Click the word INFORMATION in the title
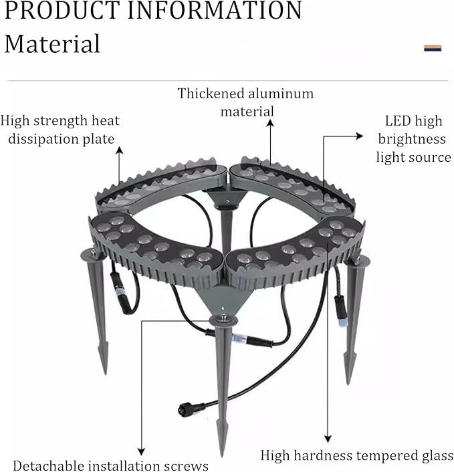click(215, 10)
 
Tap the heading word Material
click(52, 44)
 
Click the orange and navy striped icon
click(433, 48)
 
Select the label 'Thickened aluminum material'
click(245, 102)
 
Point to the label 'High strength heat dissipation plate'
click(60, 130)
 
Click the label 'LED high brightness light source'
click(413, 139)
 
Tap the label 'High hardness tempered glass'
click(357, 455)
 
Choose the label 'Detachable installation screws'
click(111, 465)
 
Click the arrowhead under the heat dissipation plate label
click(120, 150)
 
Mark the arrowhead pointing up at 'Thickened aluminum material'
click(270, 123)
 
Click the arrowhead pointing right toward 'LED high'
click(360, 136)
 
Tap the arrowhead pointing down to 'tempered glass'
click(328, 439)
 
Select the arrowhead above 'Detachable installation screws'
click(141, 451)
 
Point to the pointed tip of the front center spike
click(222, 456)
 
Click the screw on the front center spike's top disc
click(223, 317)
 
